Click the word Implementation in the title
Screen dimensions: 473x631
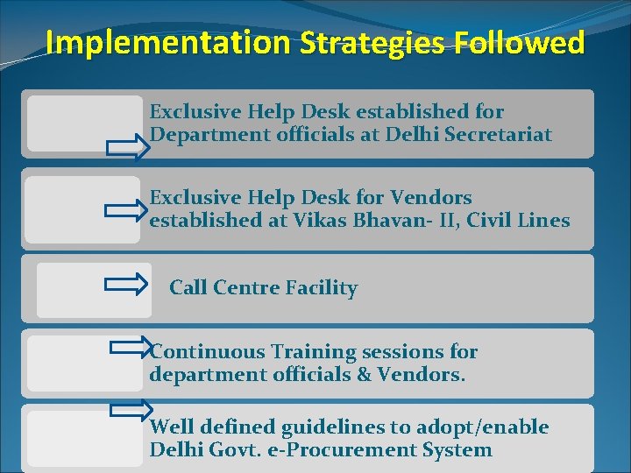click(167, 43)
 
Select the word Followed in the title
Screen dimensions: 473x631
click(521, 43)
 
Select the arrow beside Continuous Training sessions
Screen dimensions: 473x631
click(132, 346)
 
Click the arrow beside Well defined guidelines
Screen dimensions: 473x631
click(132, 408)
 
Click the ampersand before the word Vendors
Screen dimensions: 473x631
click(374, 375)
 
